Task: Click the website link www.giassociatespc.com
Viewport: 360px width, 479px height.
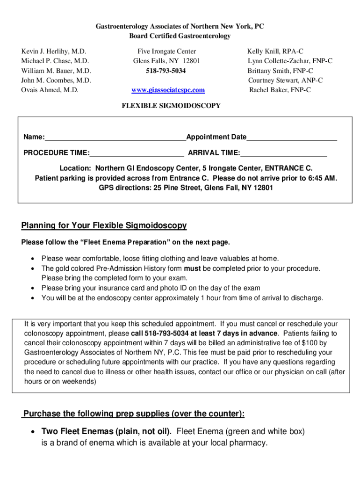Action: [x=168, y=90]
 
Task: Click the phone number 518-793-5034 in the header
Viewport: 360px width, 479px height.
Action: [x=166, y=71]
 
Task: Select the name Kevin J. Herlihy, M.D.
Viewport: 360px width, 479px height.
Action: [x=54, y=51]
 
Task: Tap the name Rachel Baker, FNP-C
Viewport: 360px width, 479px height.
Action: [x=280, y=90]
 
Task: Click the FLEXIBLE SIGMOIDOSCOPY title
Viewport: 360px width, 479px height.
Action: [x=171, y=106]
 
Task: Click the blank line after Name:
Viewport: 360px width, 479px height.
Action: [x=115, y=138]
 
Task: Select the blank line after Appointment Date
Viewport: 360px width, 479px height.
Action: [x=292, y=138]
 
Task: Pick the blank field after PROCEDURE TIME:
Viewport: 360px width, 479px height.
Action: [x=137, y=153]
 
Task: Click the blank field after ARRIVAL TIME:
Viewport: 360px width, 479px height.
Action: [x=283, y=153]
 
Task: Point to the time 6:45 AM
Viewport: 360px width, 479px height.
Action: [x=322, y=178]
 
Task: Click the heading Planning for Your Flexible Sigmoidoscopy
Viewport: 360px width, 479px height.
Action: [x=104, y=226]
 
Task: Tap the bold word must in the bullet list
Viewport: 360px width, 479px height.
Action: [x=192, y=269]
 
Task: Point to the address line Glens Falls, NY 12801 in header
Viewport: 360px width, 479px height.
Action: [x=166, y=61]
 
